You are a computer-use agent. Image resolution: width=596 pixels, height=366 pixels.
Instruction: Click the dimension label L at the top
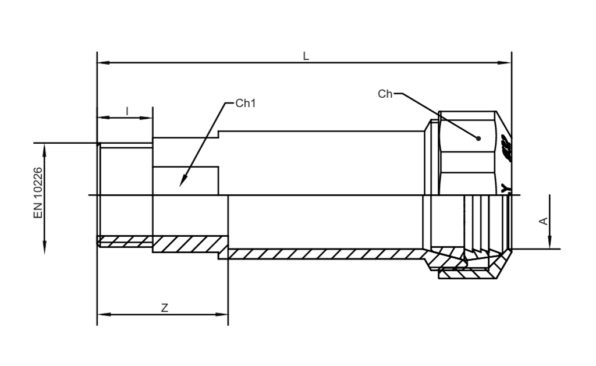pyautogui.click(x=306, y=56)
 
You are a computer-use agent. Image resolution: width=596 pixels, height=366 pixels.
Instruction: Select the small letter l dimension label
pyautogui.click(x=127, y=111)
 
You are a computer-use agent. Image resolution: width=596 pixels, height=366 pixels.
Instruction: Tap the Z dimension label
pyautogui.click(x=164, y=308)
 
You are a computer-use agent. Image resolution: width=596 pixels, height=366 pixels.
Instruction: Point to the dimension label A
pyautogui.click(x=544, y=221)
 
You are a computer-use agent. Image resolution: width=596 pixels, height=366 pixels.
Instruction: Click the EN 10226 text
pyautogui.click(x=38, y=193)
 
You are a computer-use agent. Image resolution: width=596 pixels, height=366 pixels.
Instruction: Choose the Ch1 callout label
pyautogui.click(x=246, y=103)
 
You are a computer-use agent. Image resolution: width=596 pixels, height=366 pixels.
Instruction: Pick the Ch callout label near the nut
pyautogui.click(x=385, y=94)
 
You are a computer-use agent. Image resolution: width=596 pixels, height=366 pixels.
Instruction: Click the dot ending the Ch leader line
pyautogui.click(x=478, y=138)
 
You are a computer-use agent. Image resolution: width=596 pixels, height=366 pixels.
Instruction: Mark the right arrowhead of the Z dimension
pyautogui.click(x=222, y=314)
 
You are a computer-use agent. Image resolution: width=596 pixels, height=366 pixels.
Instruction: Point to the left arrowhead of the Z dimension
pyautogui.click(x=104, y=314)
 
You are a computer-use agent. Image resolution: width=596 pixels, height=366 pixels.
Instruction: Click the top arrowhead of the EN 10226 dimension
pyautogui.click(x=44, y=150)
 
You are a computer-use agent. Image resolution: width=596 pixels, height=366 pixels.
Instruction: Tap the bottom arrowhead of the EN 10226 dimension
pyautogui.click(x=44, y=247)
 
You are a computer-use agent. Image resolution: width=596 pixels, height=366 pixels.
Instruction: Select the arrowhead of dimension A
pyautogui.click(x=549, y=242)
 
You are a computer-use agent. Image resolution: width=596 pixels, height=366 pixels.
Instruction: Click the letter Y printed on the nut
pyautogui.click(x=505, y=188)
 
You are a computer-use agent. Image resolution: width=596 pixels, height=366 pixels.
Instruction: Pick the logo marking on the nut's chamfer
pyautogui.click(x=506, y=148)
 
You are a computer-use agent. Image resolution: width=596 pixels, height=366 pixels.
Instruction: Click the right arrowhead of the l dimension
pyautogui.click(x=146, y=118)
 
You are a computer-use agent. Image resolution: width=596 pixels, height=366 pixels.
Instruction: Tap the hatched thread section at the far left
pyautogui.click(x=125, y=241)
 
